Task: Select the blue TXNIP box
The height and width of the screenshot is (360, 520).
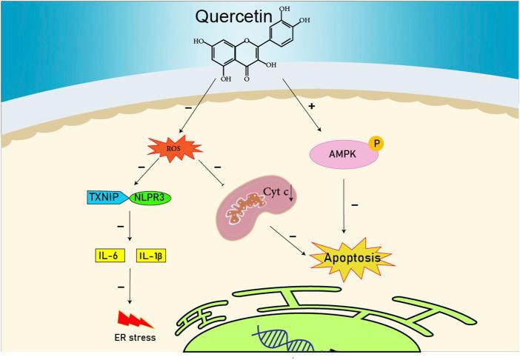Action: [107, 198]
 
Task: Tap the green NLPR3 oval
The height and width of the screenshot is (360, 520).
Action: [150, 198]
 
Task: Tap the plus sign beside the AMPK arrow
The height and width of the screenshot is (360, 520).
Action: [311, 107]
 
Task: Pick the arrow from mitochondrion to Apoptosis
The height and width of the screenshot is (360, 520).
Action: [289, 241]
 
